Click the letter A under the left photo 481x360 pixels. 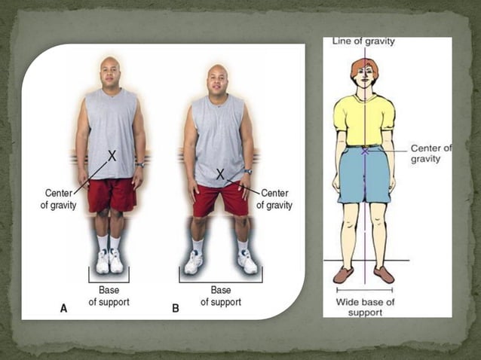[63, 308]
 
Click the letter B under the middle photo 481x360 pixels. [176, 308]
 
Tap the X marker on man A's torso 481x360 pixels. [112, 155]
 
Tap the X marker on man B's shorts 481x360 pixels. [220, 174]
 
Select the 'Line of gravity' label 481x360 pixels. [363, 42]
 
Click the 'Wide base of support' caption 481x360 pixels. [364, 307]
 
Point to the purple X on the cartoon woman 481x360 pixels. [365, 151]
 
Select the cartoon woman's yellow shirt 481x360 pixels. [364, 117]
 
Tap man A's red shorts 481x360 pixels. [112, 195]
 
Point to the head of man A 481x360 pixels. [111, 72]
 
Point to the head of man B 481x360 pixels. [218, 78]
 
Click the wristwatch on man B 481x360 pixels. [248, 171]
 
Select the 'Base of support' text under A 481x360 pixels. [109, 296]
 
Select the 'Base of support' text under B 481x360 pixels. [220, 296]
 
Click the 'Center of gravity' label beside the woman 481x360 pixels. [431, 154]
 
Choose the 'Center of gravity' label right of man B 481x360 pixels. [276, 199]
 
